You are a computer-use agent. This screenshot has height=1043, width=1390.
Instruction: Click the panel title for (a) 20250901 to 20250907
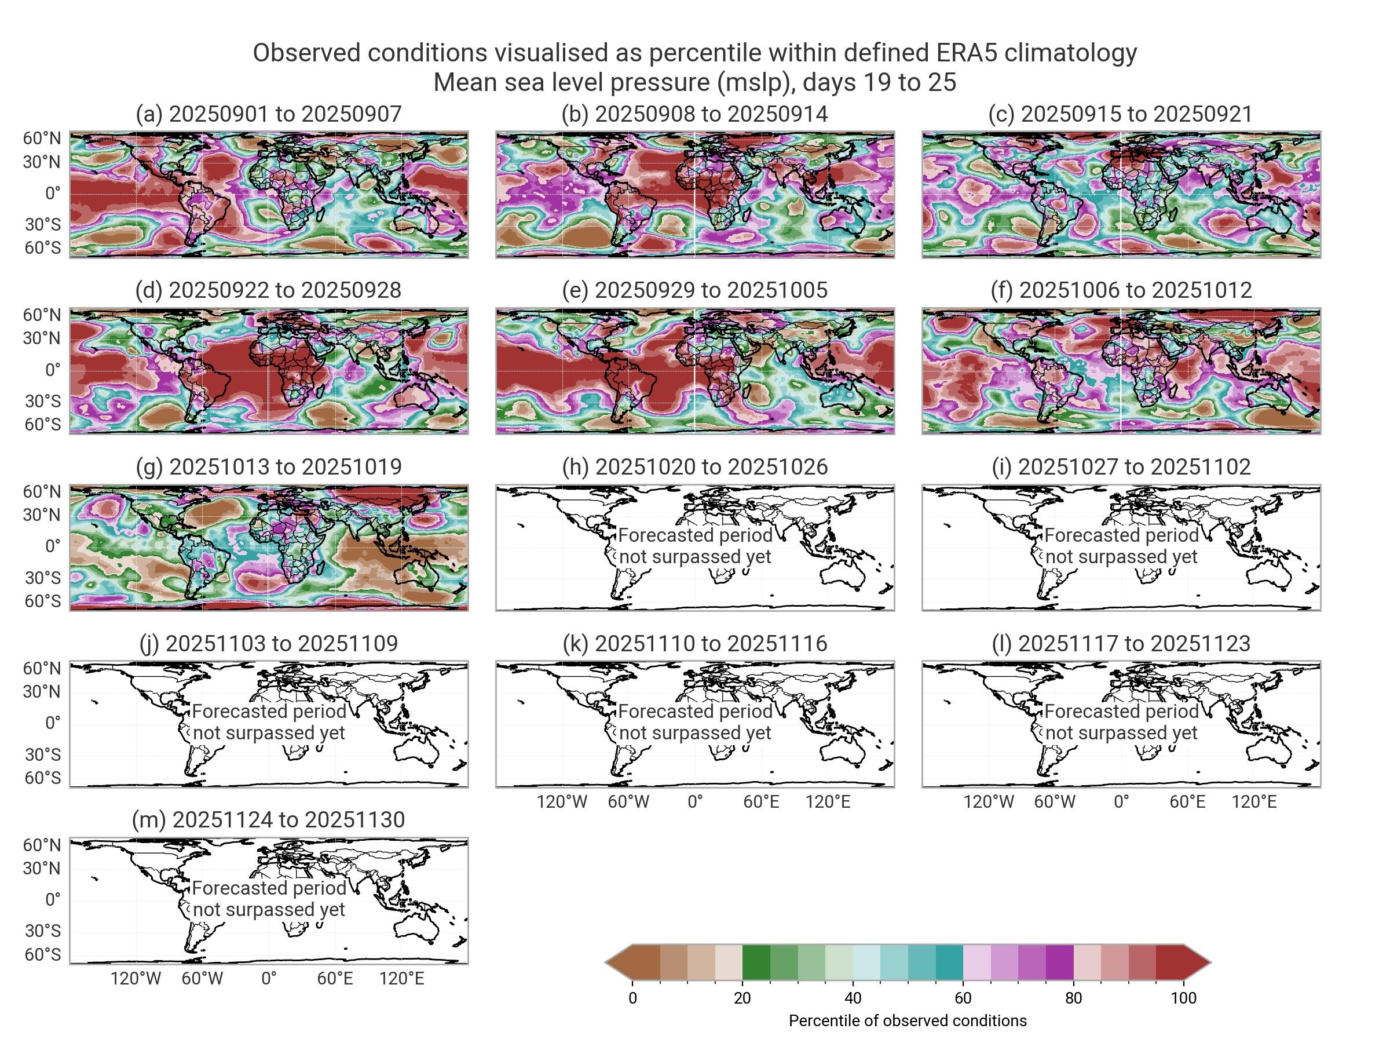(x=268, y=114)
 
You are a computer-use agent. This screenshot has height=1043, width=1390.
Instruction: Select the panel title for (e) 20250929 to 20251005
(x=694, y=290)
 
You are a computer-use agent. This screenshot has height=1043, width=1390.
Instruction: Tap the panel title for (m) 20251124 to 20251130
(x=268, y=820)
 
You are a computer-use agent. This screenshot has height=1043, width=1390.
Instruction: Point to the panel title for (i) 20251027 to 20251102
(x=1121, y=466)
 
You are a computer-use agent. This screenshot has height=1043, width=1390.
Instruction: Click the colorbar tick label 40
(x=853, y=998)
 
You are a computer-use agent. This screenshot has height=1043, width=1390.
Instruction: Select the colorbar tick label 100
(x=1184, y=998)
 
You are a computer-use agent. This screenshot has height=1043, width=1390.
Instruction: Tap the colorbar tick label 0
(x=633, y=998)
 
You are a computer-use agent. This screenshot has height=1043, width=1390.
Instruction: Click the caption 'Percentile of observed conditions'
(x=908, y=1020)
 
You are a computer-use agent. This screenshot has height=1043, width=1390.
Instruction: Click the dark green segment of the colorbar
(x=756, y=962)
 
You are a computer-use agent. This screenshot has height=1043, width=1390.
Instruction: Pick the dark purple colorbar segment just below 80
(x=1059, y=962)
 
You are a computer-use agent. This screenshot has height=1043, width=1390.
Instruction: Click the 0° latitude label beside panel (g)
(x=53, y=546)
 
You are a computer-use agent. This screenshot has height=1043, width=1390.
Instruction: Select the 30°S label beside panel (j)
(x=43, y=754)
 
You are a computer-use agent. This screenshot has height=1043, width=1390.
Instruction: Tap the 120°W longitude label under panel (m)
(x=136, y=979)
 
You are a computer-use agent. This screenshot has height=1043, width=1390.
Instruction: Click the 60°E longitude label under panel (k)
(x=761, y=802)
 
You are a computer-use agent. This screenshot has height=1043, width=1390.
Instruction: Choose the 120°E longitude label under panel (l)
(x=1254, y=802)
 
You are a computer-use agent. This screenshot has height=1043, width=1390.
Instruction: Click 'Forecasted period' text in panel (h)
(x=695, y=535)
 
